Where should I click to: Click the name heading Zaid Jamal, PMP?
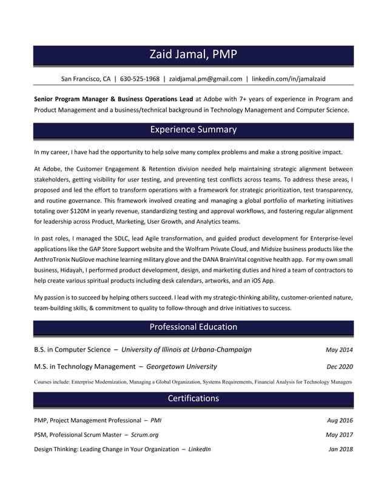[x=193, y=55]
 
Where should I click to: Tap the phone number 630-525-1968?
[x=140, y=79]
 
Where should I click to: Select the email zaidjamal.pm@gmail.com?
[x=205, y=79]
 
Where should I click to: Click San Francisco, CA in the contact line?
[x=86, y=79]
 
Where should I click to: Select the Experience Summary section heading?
[x=193, y=130]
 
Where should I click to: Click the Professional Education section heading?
[x=193, y=327]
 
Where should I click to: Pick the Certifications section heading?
[x=193, y=398]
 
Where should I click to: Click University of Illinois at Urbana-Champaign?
[x=186, y=349]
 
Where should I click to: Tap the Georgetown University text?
[x=181, y=366]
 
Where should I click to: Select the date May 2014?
[x=339, y=350]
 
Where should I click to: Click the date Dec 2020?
[x=340, y=367]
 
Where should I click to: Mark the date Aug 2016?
[x=340, y=420]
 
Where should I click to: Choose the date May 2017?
[x=339, y=435]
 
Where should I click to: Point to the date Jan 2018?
[x=340, y=449]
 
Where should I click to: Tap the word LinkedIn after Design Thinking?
[x=200, y=449]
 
